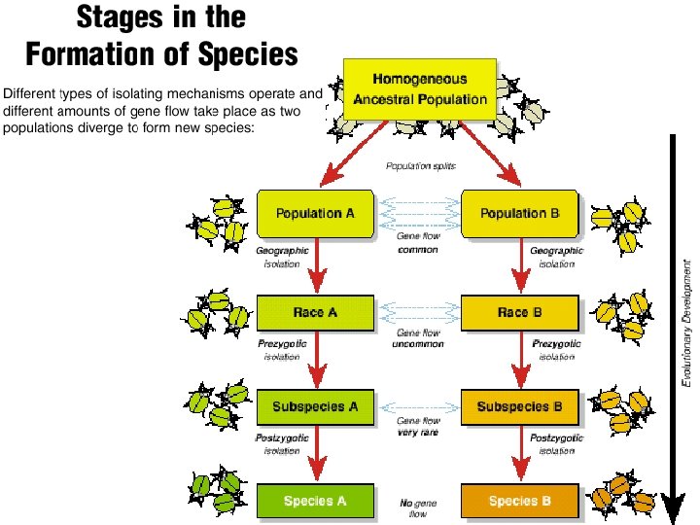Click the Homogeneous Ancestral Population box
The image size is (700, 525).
pos(420,88)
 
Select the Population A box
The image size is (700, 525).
pos(315,214)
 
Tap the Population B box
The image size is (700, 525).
pos(520,214)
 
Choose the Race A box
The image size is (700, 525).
pos(315,313)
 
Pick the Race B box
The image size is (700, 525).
pos(520,313)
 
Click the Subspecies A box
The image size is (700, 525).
pos(315,406)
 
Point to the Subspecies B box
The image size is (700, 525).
pos(520,406)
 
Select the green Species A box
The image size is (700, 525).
pos(315,502)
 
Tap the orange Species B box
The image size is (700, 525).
pos(520,502)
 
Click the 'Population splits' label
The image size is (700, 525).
pos(420,166)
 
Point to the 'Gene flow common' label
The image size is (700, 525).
pos(418,243)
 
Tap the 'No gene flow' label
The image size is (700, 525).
pos(413,508)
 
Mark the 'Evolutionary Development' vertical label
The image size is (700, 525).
pos(686,321)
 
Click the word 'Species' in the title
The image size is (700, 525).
pos(245,53)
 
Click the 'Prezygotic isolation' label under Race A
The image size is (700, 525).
pos(283,350)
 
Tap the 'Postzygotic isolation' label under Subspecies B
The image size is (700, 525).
pos(557,444)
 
